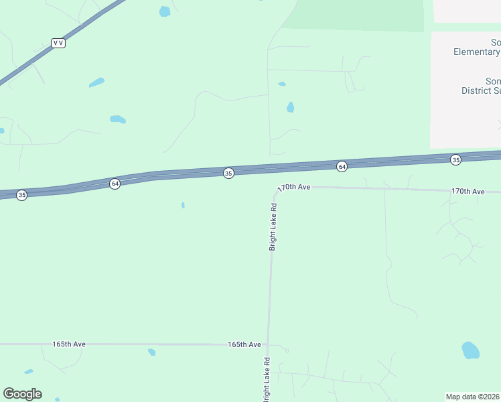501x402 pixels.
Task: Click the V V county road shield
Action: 58,43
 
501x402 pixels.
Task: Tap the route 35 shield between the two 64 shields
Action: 228,174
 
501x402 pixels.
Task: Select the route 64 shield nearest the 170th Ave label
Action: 342,166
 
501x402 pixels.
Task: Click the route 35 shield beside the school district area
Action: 456,159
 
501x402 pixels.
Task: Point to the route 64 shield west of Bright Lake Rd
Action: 115,184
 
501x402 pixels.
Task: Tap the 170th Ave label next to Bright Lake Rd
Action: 295,188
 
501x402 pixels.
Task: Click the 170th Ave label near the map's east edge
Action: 468,192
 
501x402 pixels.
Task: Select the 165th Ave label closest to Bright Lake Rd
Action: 244,344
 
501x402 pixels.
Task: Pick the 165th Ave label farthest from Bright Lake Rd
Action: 69,344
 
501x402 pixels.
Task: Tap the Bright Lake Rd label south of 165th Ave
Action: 267,379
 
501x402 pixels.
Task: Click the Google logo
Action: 22,394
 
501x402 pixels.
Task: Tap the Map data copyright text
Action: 473,396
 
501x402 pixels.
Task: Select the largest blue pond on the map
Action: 471,350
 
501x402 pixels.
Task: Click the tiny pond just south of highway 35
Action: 183,205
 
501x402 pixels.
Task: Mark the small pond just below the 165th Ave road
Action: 152,352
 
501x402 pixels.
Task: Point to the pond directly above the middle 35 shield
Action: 290,107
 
